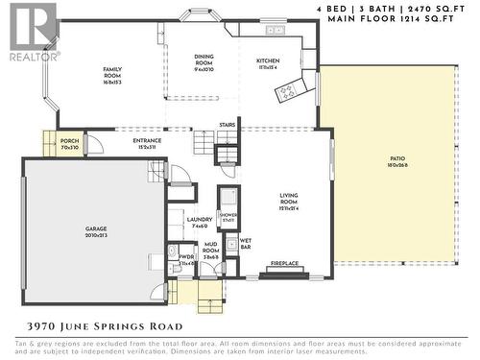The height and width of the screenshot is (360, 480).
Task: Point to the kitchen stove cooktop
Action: pyautogui.click(x=288, y=91)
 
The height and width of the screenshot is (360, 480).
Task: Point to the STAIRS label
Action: pyautogui.click(x=228, y=125)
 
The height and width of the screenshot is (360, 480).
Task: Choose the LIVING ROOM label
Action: pyautogui.click(x=289, y=198)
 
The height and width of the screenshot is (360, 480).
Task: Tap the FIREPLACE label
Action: pyautogui.click(x=285, y=262)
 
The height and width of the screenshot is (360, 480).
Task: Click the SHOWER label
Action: pyautogui.click(x=228, y=216)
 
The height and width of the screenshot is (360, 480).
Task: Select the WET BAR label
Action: pyautogui.click(x=246, y=242)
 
